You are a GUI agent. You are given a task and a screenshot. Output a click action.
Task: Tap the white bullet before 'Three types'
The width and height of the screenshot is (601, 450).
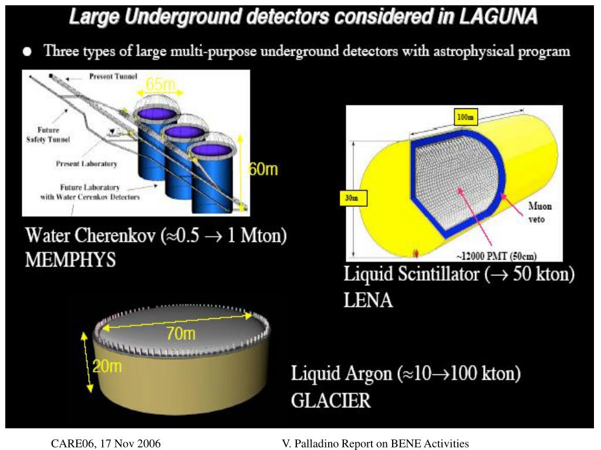click(27, 52)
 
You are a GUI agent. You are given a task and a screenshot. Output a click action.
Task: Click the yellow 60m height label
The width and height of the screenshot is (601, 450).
click(263, 169)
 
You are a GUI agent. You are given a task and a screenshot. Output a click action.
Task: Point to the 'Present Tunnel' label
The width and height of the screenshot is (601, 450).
click(113, 76)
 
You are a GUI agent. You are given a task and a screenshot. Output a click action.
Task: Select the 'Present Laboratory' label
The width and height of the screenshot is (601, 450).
click(86, 164)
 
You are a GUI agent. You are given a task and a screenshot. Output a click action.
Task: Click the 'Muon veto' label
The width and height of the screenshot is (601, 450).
click(539, 212)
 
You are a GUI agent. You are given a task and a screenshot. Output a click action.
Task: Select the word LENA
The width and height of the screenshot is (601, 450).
click(368, 301)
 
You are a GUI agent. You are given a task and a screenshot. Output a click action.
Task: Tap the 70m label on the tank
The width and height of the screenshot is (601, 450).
click(180, 334)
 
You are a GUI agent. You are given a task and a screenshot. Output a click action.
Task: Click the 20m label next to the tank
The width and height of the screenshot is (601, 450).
click(107, 367)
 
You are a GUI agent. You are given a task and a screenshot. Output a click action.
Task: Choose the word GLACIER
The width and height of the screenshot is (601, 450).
click(331, 401)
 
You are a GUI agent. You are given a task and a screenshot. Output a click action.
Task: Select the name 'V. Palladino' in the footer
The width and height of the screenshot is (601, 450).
click(310, 444)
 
